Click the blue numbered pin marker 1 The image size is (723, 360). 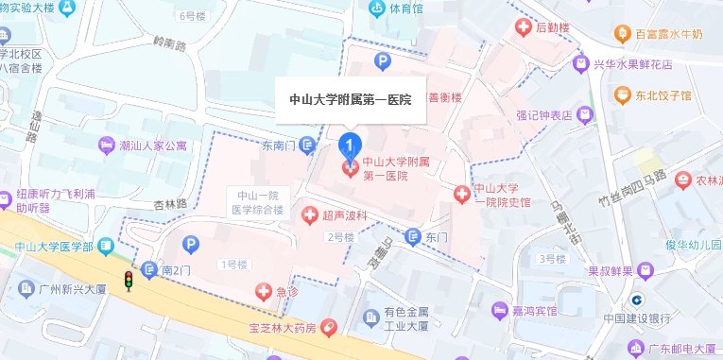point(350,146)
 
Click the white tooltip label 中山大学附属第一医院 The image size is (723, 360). point(349,99)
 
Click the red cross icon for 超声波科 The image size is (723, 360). point(309,216)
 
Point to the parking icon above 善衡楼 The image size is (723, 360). point(383,62)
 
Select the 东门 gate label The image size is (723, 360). point(435,237)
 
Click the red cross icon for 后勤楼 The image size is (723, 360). point(521,28)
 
